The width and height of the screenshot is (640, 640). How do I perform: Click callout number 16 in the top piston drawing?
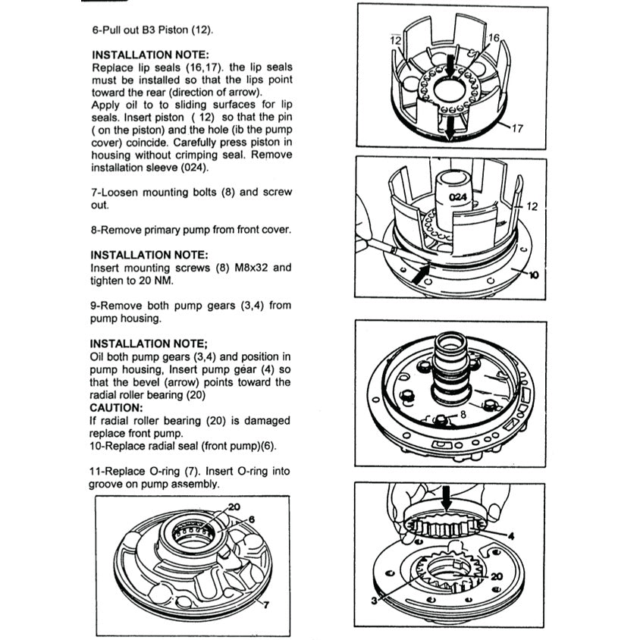coord(494,37)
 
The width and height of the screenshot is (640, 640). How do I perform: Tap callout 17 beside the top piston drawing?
coord(517,128)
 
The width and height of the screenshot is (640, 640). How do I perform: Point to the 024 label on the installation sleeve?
coord(456,196)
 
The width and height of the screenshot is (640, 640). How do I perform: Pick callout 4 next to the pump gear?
coord(510,535)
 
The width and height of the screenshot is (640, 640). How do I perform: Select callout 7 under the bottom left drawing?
coord(264,604)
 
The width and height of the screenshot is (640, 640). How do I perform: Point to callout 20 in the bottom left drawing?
coord(234,506)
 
